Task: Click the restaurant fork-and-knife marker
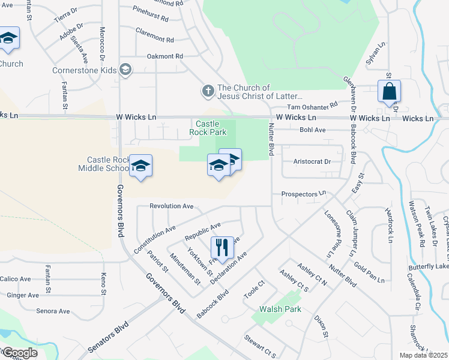[222, 247]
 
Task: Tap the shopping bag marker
[389, 92]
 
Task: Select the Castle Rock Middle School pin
[140, 167]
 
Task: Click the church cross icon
[208, 91]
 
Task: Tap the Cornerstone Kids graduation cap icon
[125, 70]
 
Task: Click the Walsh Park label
[280, 309]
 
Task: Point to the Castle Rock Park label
[206, 127]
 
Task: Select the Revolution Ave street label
[171, 206]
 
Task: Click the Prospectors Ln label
[303, 194]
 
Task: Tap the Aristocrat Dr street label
[312, 161]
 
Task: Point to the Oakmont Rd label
[164, 56]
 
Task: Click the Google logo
[19, 353]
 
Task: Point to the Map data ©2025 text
[424, 355]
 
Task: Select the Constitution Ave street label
[154, 238]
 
